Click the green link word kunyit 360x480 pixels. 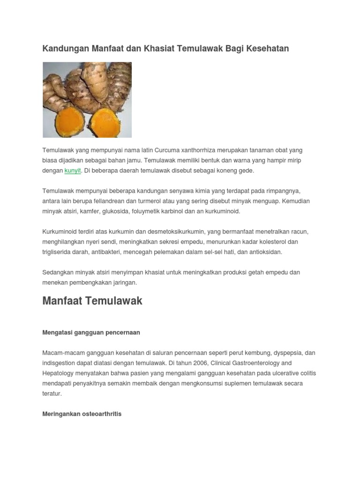point(73,171)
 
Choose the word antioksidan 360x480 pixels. point(266,252)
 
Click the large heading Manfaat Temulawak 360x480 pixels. point(92,301)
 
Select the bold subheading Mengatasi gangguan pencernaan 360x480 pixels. point(91,332)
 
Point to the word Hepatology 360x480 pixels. point(59,373)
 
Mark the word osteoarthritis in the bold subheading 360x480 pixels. point(101,414)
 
